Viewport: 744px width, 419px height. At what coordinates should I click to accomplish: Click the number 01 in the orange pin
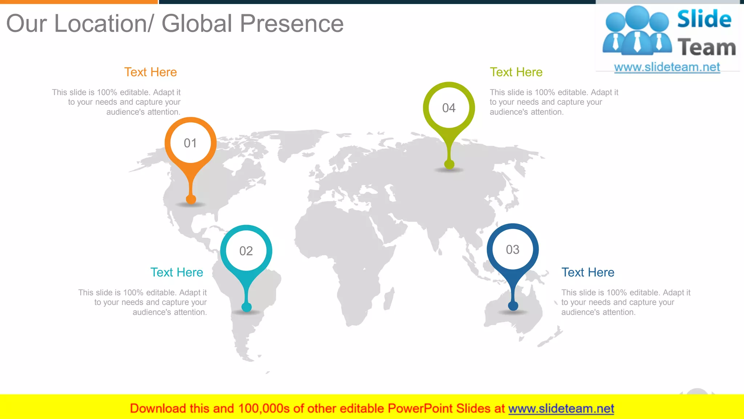point(190,143)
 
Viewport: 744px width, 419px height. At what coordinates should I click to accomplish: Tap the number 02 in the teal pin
point(246,251)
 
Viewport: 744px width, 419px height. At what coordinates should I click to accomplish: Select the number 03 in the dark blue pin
point(513,250)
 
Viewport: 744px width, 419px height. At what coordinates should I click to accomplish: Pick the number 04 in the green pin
point(449,108)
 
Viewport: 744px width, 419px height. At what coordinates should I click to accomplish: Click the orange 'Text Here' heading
point(150,72)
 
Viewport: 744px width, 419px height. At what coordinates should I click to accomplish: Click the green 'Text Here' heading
point(516,72)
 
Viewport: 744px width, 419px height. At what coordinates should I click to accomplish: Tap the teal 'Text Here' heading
point(177,272)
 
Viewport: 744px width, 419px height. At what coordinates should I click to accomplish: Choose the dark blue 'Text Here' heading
point(588,272)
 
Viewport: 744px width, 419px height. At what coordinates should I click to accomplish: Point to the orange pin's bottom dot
point(191,199)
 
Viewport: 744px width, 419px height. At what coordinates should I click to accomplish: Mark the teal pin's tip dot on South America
point(247,307)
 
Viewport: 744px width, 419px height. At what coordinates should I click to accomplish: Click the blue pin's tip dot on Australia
point(513,306)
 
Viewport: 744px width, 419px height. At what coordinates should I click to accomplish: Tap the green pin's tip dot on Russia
point(449,164)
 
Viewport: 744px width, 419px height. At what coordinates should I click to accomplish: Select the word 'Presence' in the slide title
point(291,24)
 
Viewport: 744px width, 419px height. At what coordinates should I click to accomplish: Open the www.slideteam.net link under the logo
point(667,67)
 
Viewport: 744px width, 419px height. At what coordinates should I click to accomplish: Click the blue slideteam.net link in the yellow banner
point(561,409)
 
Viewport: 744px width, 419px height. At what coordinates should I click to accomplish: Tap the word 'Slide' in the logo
point(704,19)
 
